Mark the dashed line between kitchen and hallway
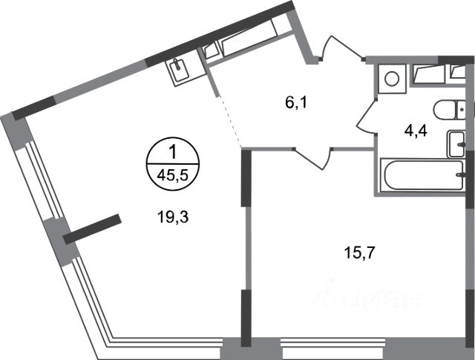click(231, 123)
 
